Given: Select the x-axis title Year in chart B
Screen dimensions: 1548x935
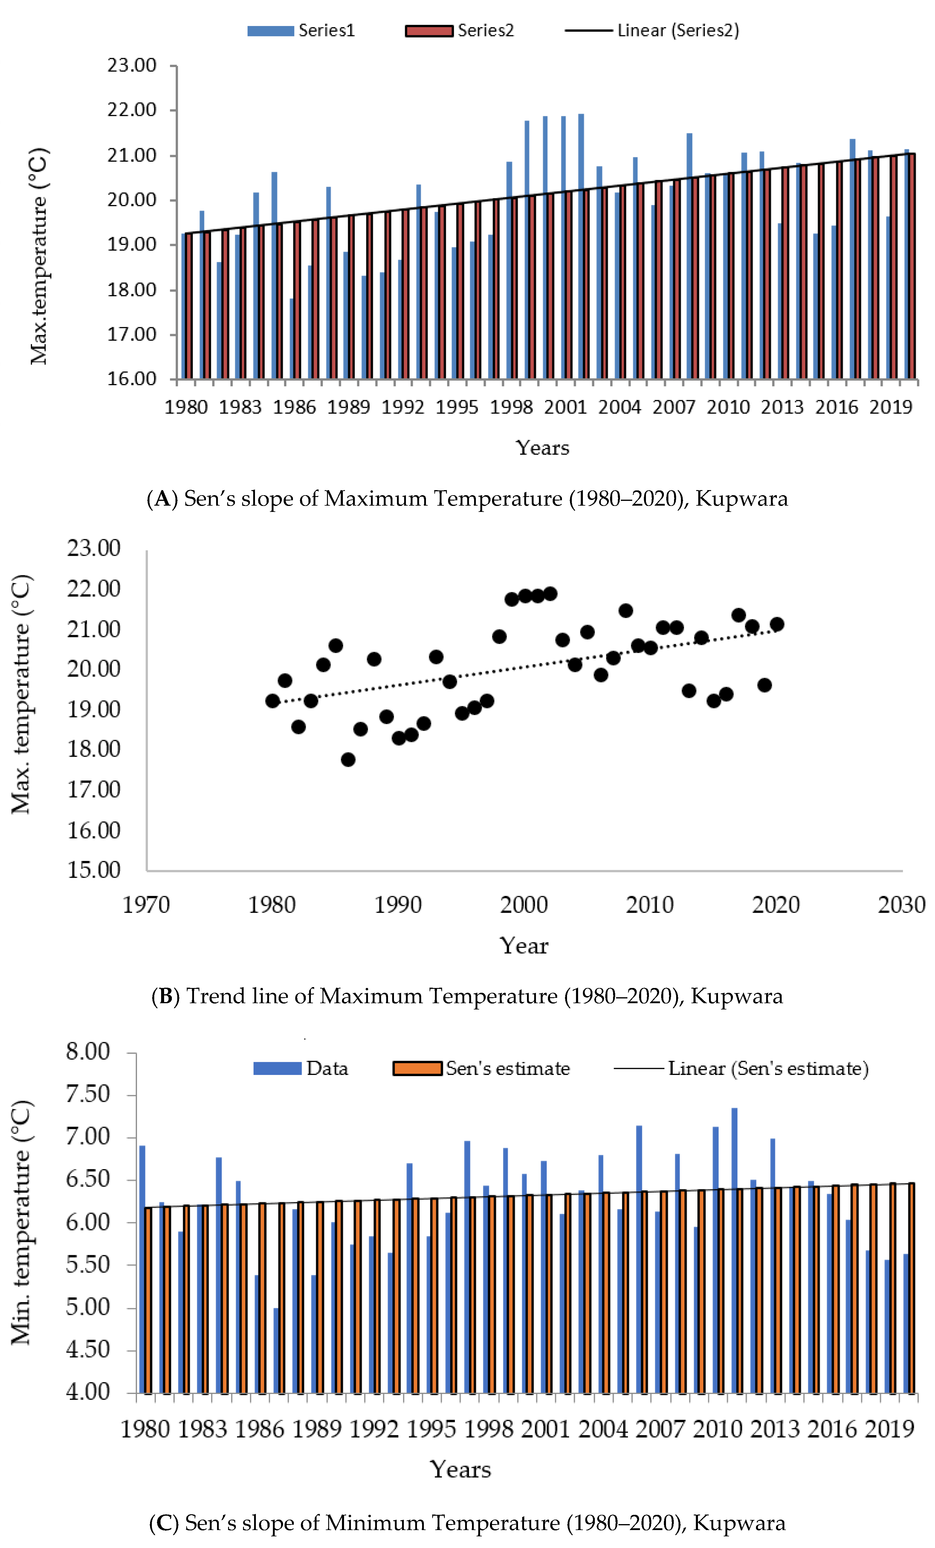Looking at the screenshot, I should tap(524, 946).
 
